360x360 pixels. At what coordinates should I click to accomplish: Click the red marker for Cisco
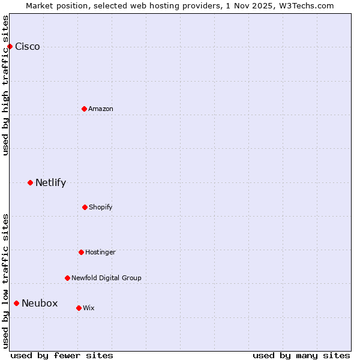[x=10, y=46]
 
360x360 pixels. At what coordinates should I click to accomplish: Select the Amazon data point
[x=84, y=109]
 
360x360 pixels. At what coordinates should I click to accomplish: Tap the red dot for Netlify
[x=30, y=182]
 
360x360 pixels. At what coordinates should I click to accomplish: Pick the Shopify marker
[x=85, y=207]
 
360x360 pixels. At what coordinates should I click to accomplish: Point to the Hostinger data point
[x=81, y=252]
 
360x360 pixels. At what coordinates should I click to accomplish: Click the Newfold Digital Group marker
[x=67, y=278]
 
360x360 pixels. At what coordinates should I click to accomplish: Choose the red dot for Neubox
[x=16, y=303]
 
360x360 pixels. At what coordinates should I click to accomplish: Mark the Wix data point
[x=79, y=308]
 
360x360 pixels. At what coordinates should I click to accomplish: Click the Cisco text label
[x=28, y=47]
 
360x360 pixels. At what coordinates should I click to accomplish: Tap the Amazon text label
[x=101, y=109]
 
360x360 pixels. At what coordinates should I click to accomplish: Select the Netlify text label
[x=50, y=183]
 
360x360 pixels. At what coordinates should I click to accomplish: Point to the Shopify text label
[x=101, y=207]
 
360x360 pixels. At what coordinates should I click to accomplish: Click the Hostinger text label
[x=100, y=252]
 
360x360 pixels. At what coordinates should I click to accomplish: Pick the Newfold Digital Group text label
[x=106, y=278]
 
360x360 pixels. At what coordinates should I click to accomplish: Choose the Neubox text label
[x=40, y=304]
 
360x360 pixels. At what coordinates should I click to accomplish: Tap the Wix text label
[x=89, y=308]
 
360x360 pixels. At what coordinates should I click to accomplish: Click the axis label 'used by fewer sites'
[x=62, y=355]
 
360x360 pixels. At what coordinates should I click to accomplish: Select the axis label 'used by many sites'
[x=301, y=355]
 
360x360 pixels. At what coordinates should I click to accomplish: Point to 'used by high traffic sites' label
[x=6, y=85]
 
